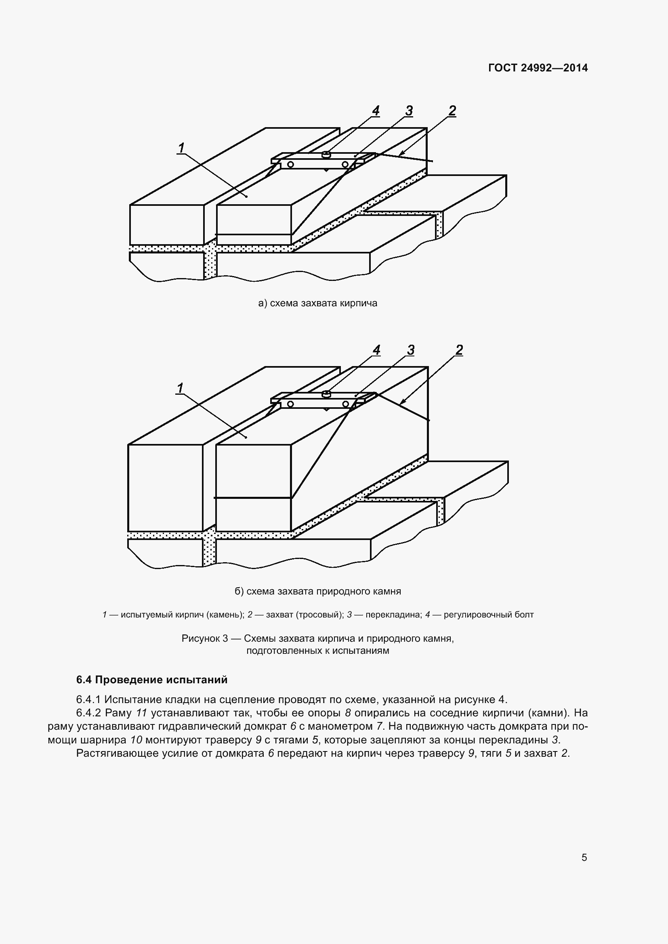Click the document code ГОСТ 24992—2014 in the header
tap(538, 68)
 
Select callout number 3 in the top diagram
tap(408, 111)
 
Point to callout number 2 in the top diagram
tap(452, 111)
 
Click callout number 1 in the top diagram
tap(181, 148)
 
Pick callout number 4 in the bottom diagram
tap(376, 350)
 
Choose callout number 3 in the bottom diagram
tap(410, 350)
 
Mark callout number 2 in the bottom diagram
tap(459, 350)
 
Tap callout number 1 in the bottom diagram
tap(180, 388)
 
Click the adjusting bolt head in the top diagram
tap(326, 155)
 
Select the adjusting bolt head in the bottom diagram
tap(326, 394)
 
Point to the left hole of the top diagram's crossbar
tap(291, 164)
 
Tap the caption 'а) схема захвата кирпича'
tap(317, 304)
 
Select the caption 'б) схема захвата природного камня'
tap(317, 591)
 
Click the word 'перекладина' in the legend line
tap(393, 615)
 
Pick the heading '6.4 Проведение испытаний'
tap(152, 680)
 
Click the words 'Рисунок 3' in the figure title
tap(204, 638)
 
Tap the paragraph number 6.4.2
tap(88, 712)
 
